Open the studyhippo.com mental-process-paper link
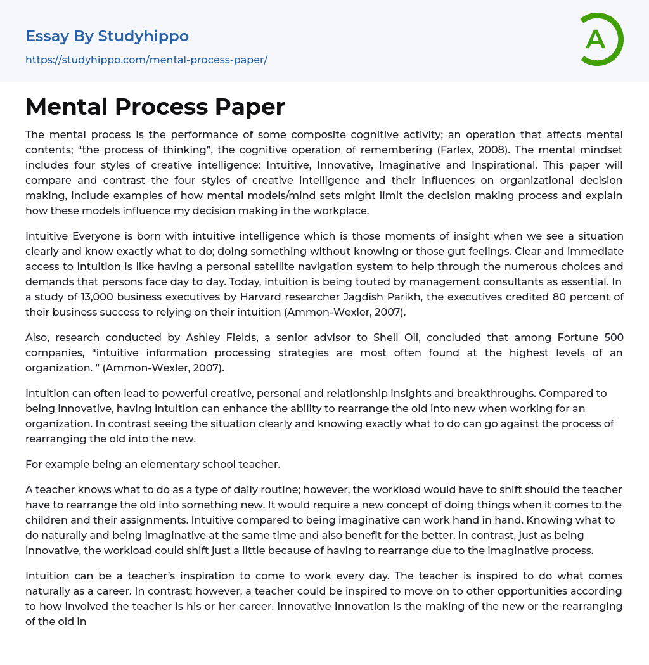click(146, 60)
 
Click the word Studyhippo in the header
click(143, 36)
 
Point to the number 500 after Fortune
click(613, 337)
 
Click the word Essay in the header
click(47, 36)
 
